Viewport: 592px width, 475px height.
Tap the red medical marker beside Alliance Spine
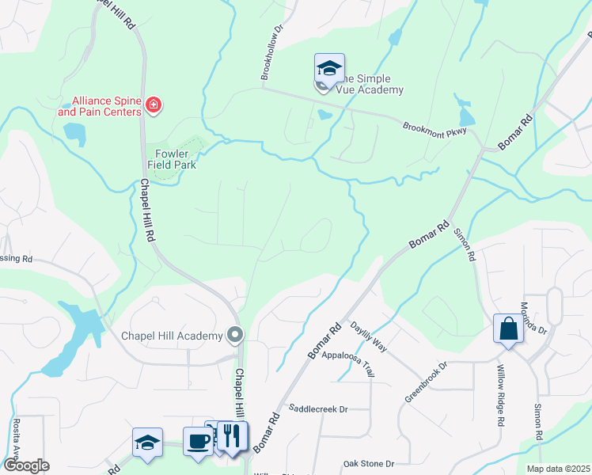click(154, 105)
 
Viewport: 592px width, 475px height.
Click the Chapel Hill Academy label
click(172, 336)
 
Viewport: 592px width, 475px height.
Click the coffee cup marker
click(197, 442)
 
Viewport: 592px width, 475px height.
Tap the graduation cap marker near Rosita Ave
click(147, 443)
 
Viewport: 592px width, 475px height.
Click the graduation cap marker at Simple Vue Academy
click(328, 68)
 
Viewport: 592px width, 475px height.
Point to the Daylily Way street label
click(369, 336)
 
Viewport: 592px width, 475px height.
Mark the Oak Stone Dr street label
click(368, 463)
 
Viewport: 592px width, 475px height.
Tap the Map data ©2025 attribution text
click(557, 469)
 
